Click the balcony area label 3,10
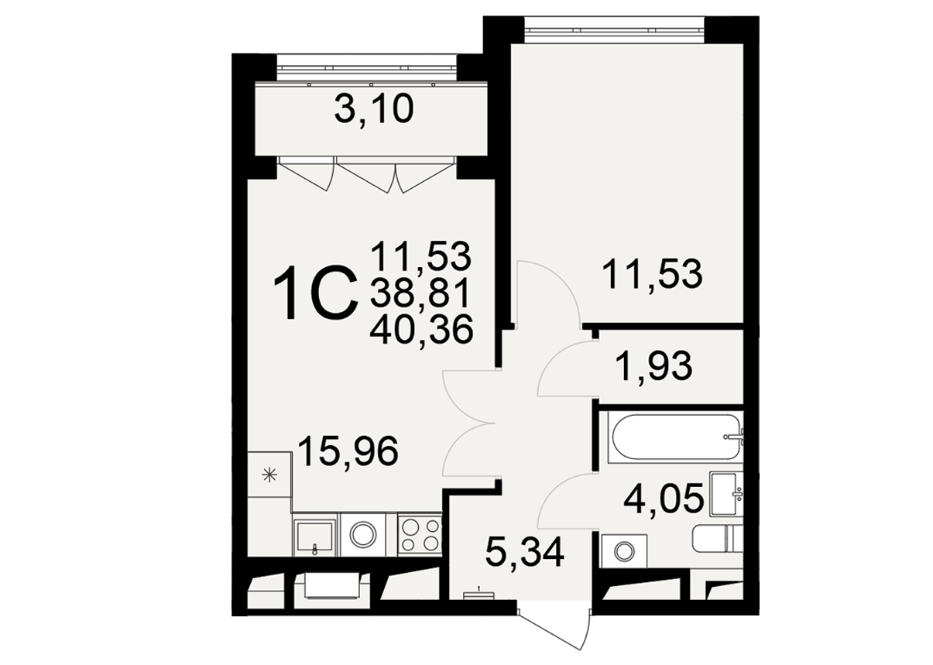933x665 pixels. click(374, 109)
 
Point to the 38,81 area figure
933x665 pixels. click(420, 292)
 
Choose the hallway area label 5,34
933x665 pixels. click(525, 553)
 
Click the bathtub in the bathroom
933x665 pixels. click(675, 437)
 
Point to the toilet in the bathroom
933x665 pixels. click(718, 539)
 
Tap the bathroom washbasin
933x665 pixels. click(726, 494)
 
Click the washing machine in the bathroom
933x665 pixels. click(623, 552)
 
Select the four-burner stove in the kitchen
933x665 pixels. click(420, 535)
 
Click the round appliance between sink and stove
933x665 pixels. click(363, 535)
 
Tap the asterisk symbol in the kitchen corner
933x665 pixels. click(270, 475)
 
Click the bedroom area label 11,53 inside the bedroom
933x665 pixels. click(652, 274)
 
